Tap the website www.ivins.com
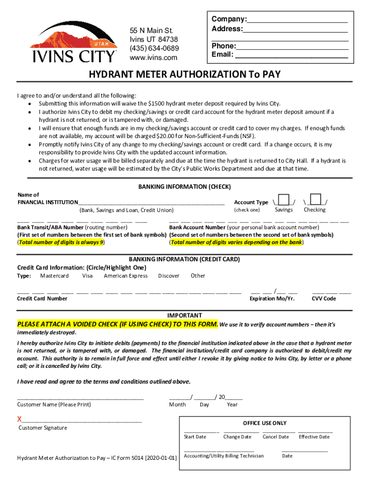(x=153, y=58)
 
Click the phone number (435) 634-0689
(x=154, y=48)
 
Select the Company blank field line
(x=297, y=20)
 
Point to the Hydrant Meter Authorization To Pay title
(x=184, y=74)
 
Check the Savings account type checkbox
(x=284, y=199)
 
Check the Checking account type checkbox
(x=316, y=199)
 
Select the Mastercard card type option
(x=54, y=276)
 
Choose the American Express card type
(x=126, y=276)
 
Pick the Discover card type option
(x=169, y=276)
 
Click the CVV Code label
(x=324, y=299)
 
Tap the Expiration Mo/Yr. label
(x=272, y=299)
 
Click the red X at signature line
(x=20, y=420)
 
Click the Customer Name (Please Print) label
(x=54, y=405)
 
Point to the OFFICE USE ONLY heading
(x=265, y=423)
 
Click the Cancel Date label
(x=276, y=437)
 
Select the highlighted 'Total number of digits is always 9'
(x=61, y=242)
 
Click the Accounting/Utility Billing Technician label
(x=223, y=456)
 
